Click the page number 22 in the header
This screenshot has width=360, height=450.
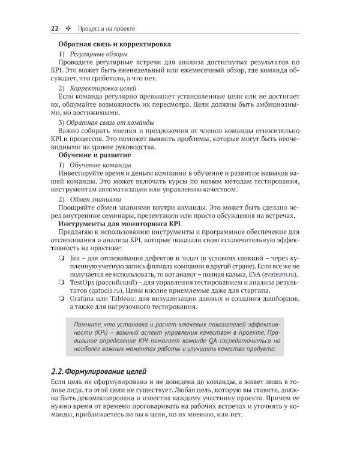54,28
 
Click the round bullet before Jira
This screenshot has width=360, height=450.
62,257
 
